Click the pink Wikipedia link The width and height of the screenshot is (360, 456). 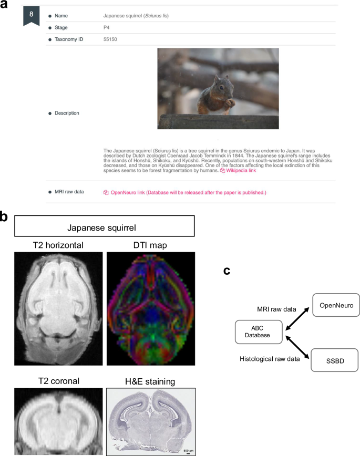click(x=240, y=171)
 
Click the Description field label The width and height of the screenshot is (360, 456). click(x=68, y=112)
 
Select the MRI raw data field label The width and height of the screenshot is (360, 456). click(x=72, y=192)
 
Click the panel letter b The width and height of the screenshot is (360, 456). click(x=5, y=215)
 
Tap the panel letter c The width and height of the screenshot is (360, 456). click(x=227, y=271)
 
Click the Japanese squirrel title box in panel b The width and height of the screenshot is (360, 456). click(x=105, y=227)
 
